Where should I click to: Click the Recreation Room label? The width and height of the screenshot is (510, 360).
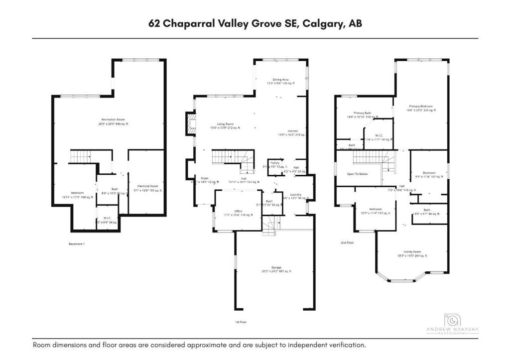(109, 120)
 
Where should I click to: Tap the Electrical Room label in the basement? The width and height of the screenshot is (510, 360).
(147, 186)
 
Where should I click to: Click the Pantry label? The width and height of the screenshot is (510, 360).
(275, 163)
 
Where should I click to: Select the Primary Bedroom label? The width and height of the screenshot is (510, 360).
(421, 106)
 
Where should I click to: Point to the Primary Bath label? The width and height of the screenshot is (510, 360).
(363, 113)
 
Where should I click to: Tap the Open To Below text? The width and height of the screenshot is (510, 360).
(357, 174)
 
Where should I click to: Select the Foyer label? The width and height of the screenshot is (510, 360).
(204, 178)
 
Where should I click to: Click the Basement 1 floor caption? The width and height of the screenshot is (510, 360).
(77, 244)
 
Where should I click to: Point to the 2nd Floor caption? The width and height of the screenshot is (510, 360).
(347, 242)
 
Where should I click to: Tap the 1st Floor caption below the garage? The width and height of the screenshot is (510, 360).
(241, 322)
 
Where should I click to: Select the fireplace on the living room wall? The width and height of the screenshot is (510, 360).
(190, 124)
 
